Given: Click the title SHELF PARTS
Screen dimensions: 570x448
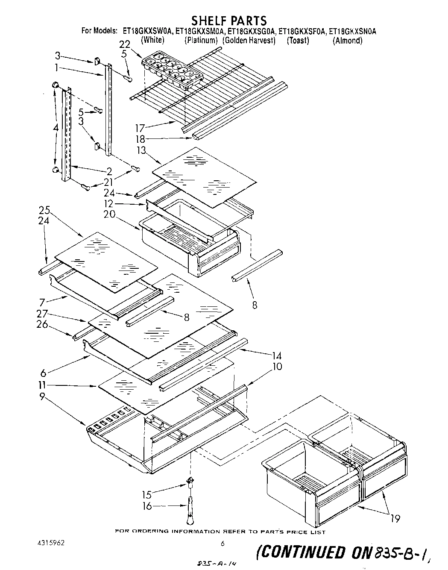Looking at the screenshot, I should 228,20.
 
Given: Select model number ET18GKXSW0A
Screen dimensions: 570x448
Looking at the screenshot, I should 147,31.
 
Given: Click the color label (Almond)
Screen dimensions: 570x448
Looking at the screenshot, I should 347,41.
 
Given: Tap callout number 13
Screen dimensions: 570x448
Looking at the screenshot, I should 141,150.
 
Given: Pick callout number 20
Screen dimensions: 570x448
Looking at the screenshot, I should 109,214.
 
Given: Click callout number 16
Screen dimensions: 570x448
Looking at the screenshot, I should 147,506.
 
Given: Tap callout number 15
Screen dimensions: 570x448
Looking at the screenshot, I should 147,495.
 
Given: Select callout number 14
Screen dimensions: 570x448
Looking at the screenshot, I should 276,356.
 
